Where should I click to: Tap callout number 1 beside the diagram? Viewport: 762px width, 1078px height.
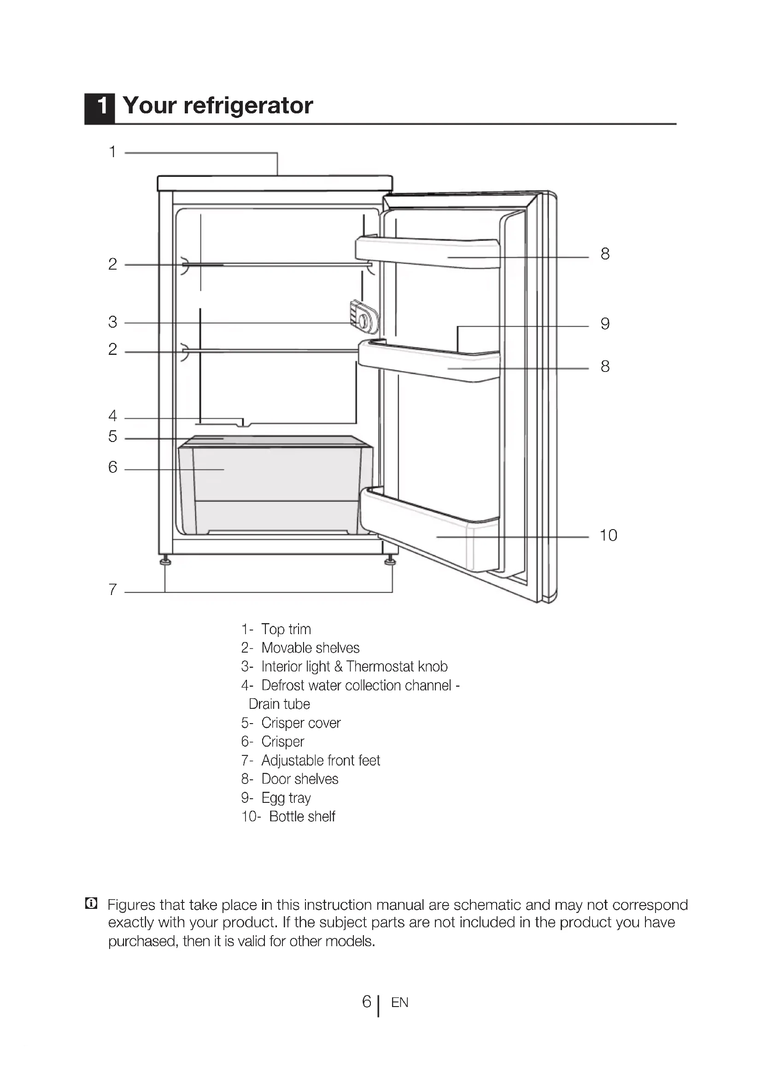pyautogui.click(x=112, y=152)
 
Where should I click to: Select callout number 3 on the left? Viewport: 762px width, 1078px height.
pyautogui.click(x=112, y=322)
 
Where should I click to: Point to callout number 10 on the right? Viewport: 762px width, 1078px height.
pyautogui.click(x=608, y=535)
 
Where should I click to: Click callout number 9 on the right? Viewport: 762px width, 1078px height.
pyautogui.click(x=605, y=324)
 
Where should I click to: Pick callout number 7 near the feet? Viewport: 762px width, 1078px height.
pyautogui.click(x=112, y=589)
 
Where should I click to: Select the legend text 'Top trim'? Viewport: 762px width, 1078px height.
pyautogui.click(x=286, y=629)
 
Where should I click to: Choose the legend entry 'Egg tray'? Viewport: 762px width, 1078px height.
pyautogui.click(x=286, y=798)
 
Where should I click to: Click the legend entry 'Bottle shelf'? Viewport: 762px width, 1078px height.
pyautogui.click(x=302, y=817)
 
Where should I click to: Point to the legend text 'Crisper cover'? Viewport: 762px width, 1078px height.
pyautogui.click(x=301, y=723)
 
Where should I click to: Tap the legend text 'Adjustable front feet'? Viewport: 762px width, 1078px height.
pyautogui.click(x=321, y=760)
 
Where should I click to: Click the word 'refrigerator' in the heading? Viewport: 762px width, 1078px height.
pyautogui.click(x=248, y=106)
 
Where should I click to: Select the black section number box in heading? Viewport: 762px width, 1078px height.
pyautogui.click(x=100, y=108)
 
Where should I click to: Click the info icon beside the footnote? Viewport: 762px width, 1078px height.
pyautogui.click(x=92, y=903)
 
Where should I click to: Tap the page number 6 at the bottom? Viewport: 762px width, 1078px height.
pyautogui.click(x=366, y=1001)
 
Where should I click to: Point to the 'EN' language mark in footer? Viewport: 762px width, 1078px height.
pyautogui.click(x=399, y=1003)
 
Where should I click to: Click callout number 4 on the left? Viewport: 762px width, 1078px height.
pyautogui.click(x=112, y=416)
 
